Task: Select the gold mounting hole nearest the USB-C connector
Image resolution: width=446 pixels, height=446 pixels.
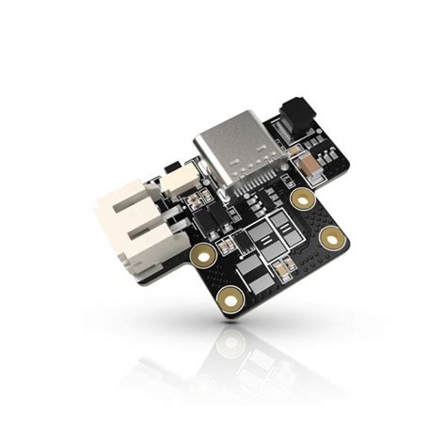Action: point(302,198)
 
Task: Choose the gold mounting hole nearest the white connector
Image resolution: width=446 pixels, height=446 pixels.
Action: point(200,254)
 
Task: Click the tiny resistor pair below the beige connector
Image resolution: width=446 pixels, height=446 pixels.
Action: point(194,201)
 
